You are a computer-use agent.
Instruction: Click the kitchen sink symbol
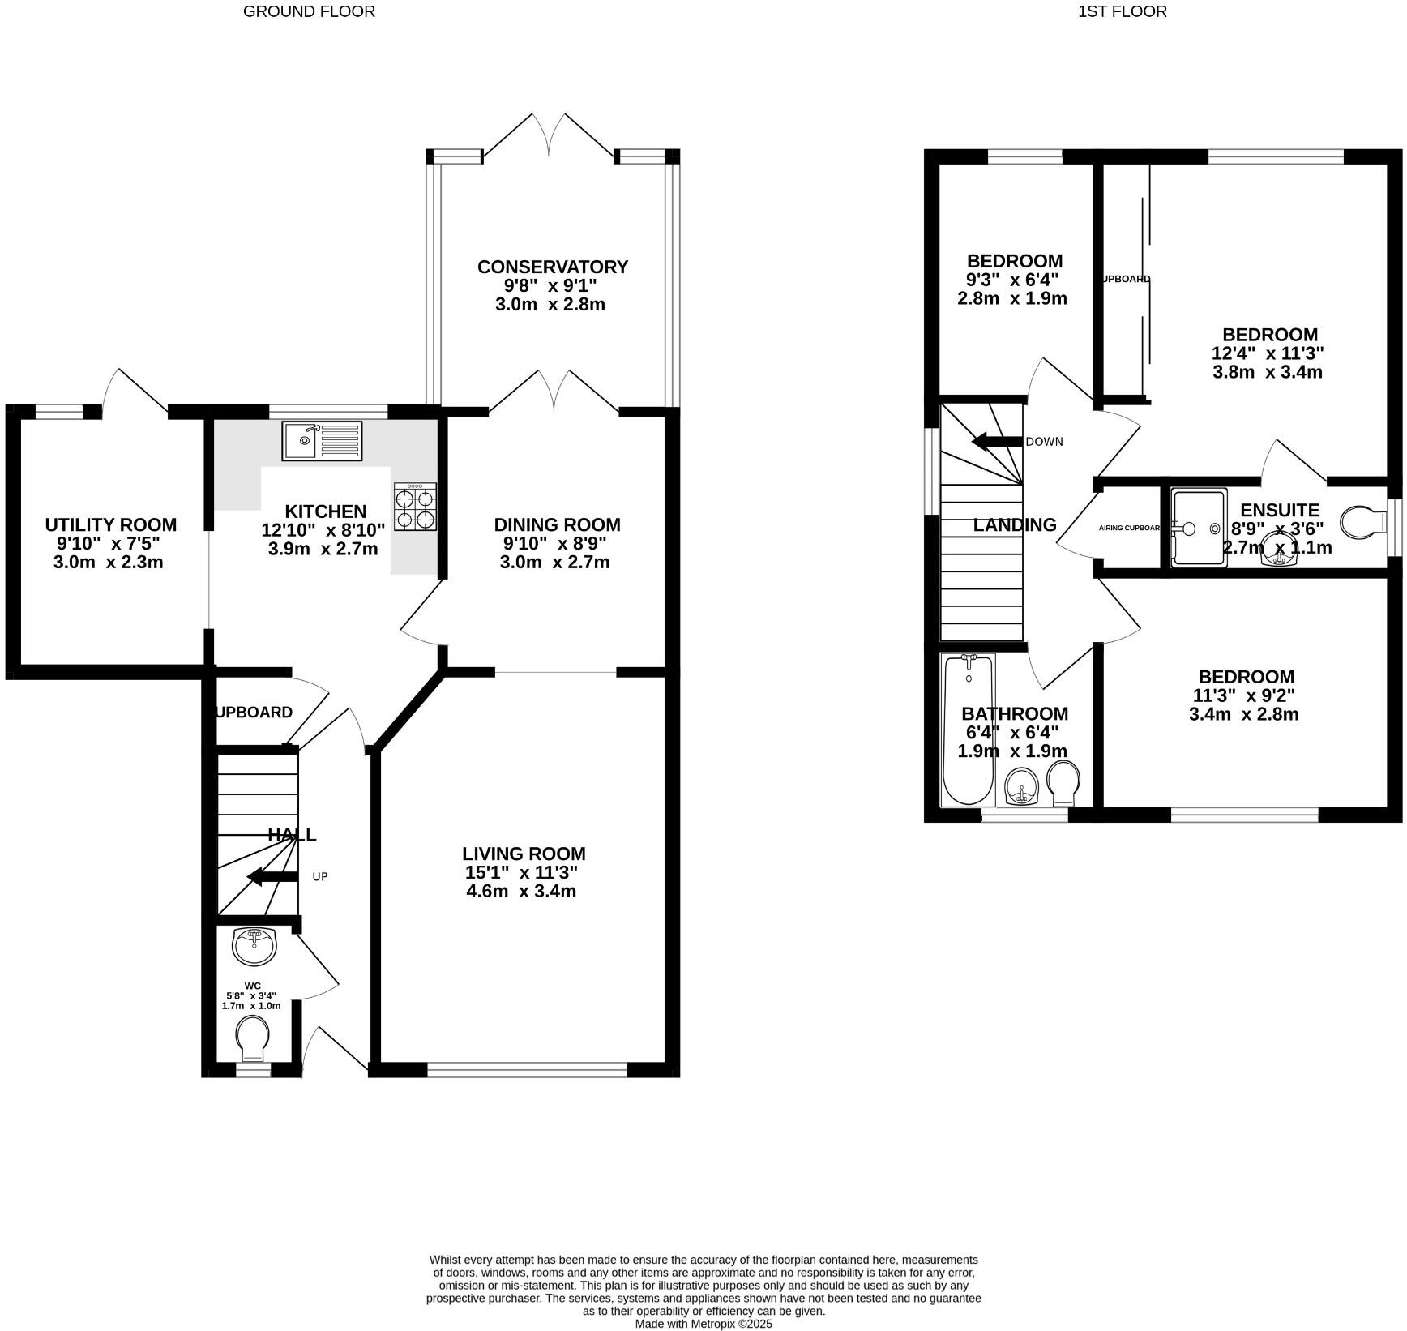(322, 440)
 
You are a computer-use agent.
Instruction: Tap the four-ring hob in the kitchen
(416, 507)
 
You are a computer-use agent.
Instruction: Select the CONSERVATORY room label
(552, 267)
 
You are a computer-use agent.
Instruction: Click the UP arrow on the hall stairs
(272, 876)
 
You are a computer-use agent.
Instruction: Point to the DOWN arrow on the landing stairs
(996, 442)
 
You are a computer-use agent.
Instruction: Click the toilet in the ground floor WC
(252, 1038)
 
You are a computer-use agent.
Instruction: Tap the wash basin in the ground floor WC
(254, 946)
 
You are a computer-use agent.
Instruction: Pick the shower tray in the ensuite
(1198, 527)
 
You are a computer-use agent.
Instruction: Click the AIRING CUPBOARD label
(1129, 528)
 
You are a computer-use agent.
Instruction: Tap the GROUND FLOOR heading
(309, 11)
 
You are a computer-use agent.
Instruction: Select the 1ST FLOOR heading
(1123, 11)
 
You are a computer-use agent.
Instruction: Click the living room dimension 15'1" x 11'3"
(524, 872)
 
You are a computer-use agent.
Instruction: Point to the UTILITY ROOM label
(110, 524)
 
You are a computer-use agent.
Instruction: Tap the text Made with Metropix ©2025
(703, 1324)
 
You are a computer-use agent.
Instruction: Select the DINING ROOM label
(557, 524)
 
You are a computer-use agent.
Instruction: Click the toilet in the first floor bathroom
(1063, 783)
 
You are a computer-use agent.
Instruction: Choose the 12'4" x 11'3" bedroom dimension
(1268, 353)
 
